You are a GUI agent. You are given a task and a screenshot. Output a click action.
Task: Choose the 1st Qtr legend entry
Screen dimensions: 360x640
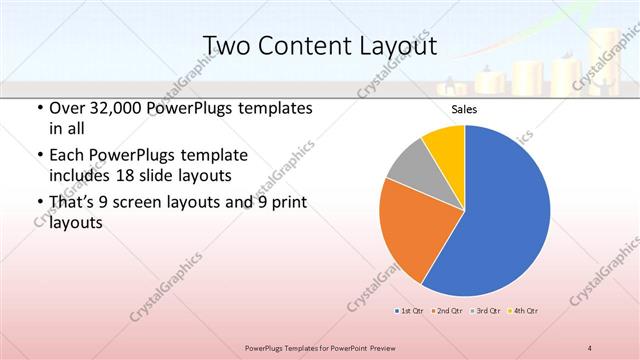click(411, 311)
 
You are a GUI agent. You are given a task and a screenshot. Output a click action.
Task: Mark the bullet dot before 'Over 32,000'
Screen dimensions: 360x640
click(38, 108)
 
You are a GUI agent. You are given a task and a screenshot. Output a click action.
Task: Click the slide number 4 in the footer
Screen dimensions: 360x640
click(590, 347)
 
